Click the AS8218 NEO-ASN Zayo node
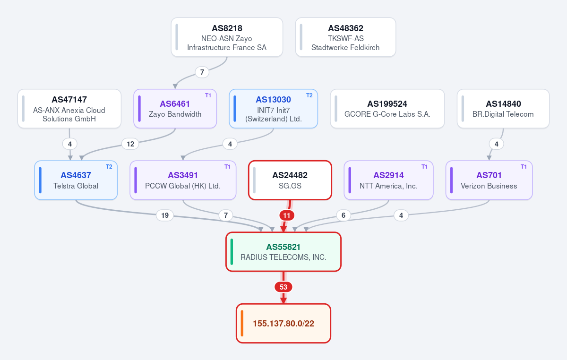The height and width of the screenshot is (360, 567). point(227,37)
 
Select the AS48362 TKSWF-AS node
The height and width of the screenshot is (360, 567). point(345,37)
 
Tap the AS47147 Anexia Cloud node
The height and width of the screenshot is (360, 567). point(69,109)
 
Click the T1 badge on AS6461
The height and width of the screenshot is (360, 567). point(208,95)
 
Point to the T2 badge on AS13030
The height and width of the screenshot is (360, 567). point(309,95)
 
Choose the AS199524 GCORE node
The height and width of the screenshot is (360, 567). point(387,109)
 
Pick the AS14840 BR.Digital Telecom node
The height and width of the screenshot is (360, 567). point(503,109)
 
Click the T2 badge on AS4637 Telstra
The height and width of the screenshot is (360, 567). point(109,167)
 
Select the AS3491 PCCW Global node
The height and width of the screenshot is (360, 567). point(183,180)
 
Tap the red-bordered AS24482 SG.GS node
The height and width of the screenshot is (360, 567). point(290,180)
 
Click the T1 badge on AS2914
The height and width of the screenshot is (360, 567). point(424,167)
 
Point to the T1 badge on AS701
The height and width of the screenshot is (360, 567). point(524,167)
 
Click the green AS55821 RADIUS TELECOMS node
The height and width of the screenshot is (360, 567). point(283,252)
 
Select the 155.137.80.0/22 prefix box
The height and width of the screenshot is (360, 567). point(283,324)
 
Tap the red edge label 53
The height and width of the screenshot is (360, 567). point(283,287)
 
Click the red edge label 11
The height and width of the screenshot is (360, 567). point(286,215)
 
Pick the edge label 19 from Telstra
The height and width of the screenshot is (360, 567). point(165,215)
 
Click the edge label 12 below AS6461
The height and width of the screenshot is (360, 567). point(130,144)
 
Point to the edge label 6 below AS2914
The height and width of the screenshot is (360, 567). point(344,215)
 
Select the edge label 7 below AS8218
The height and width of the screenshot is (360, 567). point(202,72)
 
